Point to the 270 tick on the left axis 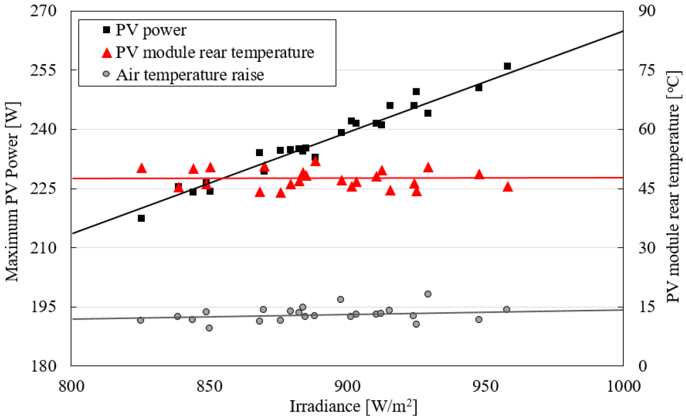[51, 11]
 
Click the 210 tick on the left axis [51, 248]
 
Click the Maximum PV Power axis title [13, 188]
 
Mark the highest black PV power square [507, 66]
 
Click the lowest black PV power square [141, 218]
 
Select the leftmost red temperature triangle [141, 168]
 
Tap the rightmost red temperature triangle [508, 187]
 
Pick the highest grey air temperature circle [428, 294]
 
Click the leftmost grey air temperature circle [140, 320]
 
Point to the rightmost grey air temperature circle [507, 309]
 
